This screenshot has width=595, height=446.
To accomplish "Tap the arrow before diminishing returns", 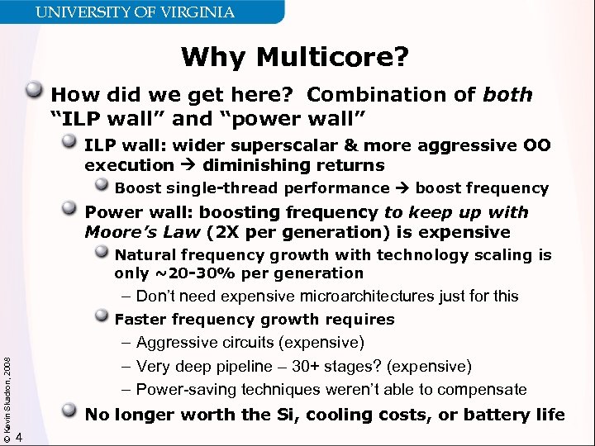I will (189, 165).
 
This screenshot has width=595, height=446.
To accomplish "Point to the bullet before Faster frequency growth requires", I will (102, 317).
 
